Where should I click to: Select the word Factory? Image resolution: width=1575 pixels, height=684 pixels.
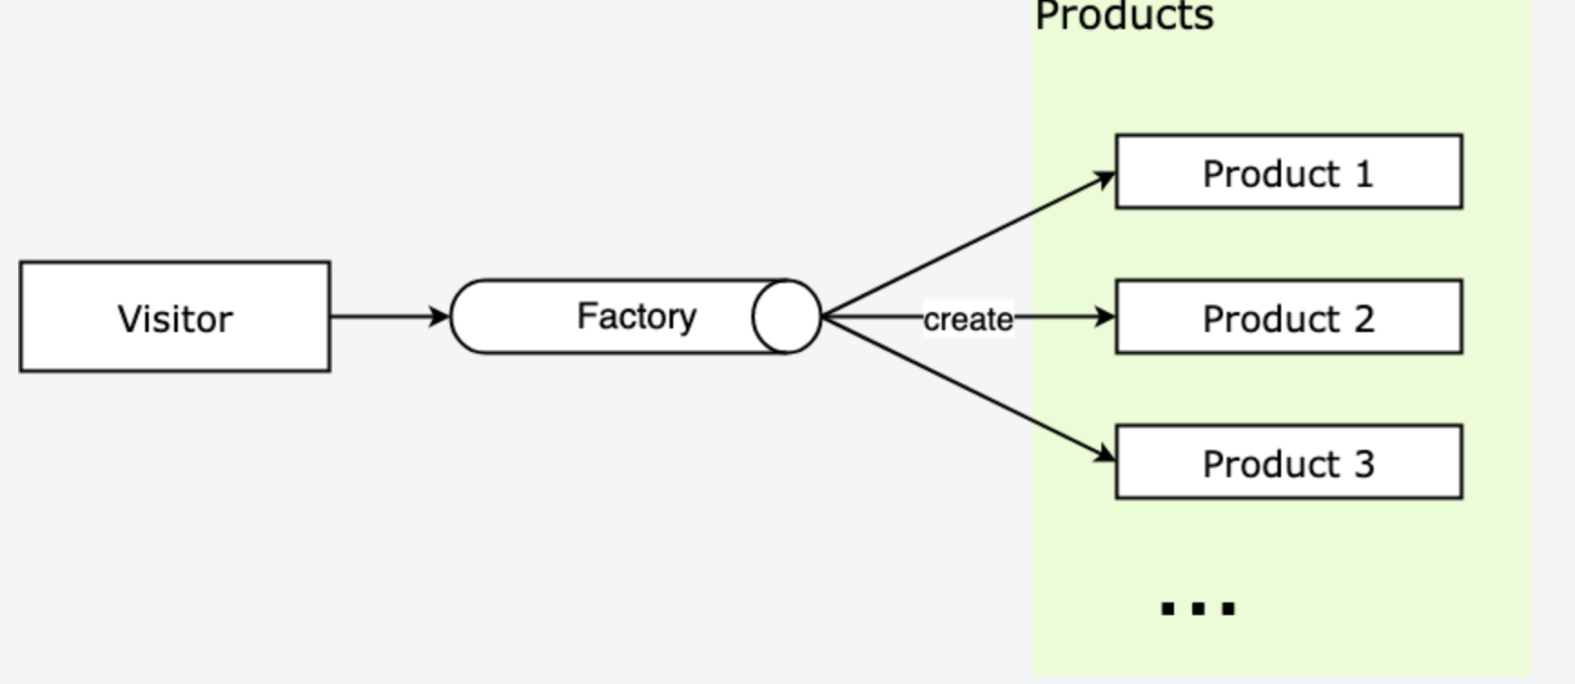(x=636, y=317)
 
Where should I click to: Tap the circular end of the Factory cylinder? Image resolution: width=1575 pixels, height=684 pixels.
(x=787, y=317)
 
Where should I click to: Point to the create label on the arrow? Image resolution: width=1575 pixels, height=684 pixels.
(x=968, y=319)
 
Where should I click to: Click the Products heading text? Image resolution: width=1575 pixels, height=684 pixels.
(x=1124, y=16)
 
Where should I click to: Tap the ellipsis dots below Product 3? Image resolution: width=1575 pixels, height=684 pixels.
(x=1198, y=608)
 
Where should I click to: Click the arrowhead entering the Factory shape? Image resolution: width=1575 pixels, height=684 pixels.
(x=439, y=317)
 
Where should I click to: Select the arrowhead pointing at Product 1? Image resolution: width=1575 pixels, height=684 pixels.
(x=1105, y=178)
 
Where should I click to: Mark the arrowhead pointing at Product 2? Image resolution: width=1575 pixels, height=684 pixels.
(x=1105, y=317)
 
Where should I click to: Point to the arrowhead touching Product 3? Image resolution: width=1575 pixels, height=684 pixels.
(x=1105, y=454)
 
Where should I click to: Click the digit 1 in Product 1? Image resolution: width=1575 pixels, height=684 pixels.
(x=1364, y=173)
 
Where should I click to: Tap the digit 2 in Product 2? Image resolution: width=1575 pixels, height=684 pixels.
(x=1364, y=318)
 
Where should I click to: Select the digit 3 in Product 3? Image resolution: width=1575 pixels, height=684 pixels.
(x=1364, y=464)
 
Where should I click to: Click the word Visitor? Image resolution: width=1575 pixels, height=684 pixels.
(x=175, y=319)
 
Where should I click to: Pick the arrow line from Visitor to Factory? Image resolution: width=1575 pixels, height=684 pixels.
(x=381, y=317)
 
